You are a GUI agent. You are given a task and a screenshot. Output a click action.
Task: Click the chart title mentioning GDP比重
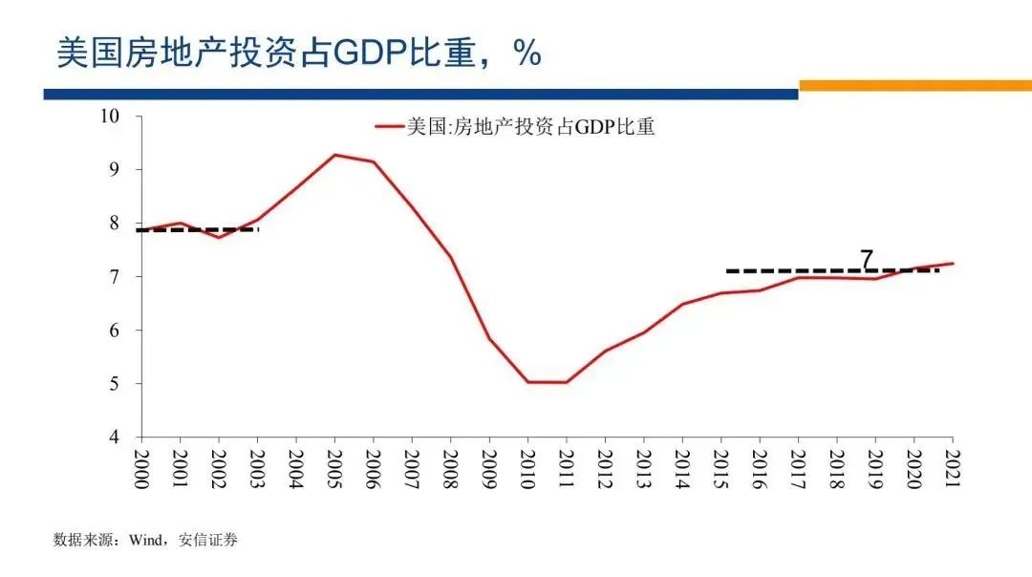pos(299,53)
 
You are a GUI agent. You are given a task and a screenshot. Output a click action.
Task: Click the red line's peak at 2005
pos(334,155)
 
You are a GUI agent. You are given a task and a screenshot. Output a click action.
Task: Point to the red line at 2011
pos(566,382)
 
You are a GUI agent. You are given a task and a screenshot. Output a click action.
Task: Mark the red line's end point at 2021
pos(952,264)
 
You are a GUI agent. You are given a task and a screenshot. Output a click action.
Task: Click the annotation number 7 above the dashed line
pos(867,259)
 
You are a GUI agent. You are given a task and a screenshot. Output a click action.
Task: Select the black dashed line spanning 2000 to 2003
pos(199,229)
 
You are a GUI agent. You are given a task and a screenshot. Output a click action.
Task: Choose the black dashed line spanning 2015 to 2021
pos(831,270)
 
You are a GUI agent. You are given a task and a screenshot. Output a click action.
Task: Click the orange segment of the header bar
pos(914,85)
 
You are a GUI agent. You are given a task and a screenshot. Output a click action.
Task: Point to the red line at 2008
pos(450,257)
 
